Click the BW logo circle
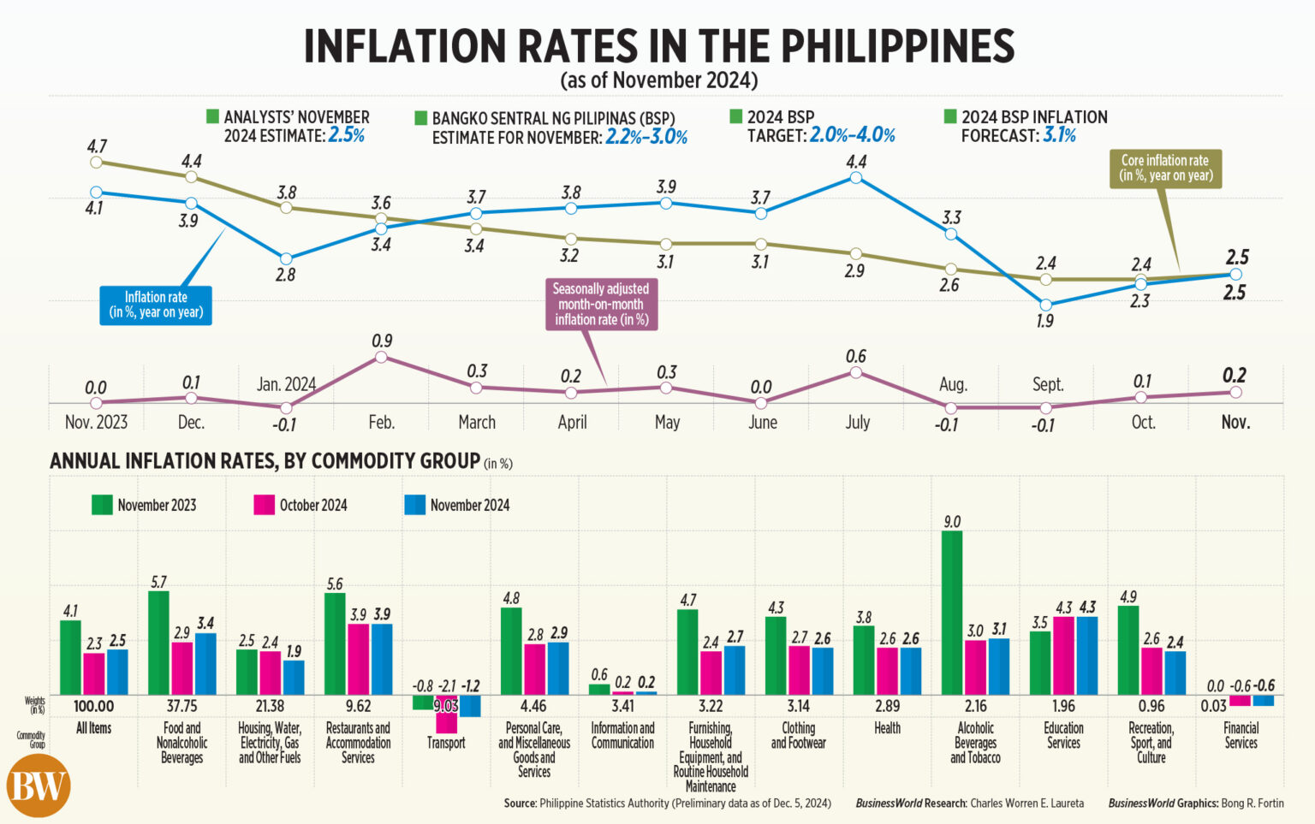pyautogui.click(x=38, y=785)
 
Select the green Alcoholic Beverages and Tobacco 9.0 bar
pyautogui.click(x=952, y=612)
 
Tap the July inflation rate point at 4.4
pyautogui.click(x=855, y=178)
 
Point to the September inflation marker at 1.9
pyautogui.click(x=1045, y=305)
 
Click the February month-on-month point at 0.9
pyautogui.click(x=382, y=357)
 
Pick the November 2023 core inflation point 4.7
pyautogui.click(x=96, y=162)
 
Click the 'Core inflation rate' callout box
pyautogui.click(x=1164, y=169)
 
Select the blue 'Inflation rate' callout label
pyautogui.click(x=156, y=305)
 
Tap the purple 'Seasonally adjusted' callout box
pyautogui.click(x=601, y=305)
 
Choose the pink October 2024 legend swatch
pyautogui.click(x=264, y=505)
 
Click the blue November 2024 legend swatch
pyautogui.click(x=414, y=505)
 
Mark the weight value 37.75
pyautogui.click(x=181, y=706)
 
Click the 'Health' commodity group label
pyautogui.click(x=887, y=728)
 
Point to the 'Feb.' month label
pyautogui.click(x=382, y=422)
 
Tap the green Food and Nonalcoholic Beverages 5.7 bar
pyautogui.click(x=158, y=642)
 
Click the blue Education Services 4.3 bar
pyautogui.click(x=1086, y=655)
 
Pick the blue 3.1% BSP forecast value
pyautogui.click(x=1059, y=135)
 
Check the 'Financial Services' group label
pyautogui.click(x=1241, y=735)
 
